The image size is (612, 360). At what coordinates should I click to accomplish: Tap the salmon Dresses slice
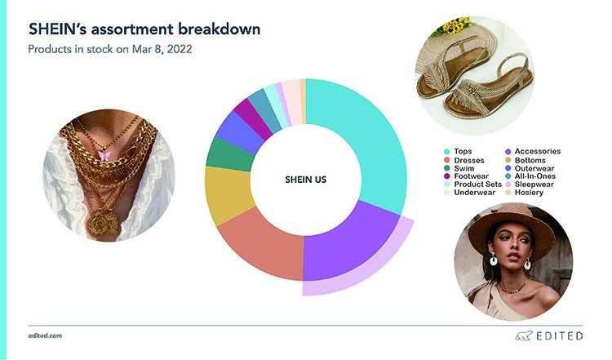[265, 246]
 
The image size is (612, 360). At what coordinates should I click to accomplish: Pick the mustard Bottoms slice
[228, 195]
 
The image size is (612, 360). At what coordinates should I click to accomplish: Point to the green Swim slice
[229, 155]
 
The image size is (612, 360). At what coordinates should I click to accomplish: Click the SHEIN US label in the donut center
[306, 180]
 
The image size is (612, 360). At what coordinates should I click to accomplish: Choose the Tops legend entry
[458, 152]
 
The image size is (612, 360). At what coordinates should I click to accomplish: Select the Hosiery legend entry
[524, 193]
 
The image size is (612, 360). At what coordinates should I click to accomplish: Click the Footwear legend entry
[467, 176]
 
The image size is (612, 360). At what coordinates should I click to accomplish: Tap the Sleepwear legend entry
[530, 184]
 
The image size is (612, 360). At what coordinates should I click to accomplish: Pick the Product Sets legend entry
[472, 184]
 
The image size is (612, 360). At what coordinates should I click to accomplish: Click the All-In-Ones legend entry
[530, 176]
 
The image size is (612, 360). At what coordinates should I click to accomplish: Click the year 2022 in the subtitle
[180, 49]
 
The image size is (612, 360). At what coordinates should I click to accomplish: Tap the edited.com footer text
[45, 336]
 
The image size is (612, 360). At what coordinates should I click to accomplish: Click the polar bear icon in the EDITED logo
[523, 336]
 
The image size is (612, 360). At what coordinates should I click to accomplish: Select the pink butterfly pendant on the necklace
[104, 156]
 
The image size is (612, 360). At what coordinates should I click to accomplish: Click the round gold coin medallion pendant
[96, 223]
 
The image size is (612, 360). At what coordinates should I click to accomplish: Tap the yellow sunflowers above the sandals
[455, 25]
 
